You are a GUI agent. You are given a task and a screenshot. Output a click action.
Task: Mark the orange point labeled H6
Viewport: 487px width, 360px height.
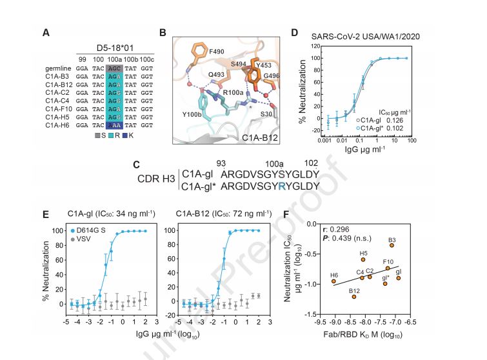coord(333,281)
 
